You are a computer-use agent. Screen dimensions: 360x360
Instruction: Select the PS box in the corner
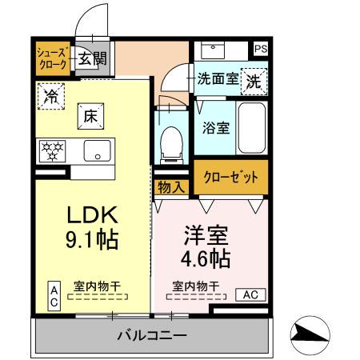tap(260, 49)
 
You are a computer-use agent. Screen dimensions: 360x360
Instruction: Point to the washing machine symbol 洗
tap(253, 81)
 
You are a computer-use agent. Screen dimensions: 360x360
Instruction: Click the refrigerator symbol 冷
tap(50, 96)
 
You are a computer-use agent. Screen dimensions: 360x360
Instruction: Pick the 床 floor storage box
tap(89, 115)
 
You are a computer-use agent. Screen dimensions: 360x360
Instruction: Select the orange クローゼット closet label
tap(230, 178)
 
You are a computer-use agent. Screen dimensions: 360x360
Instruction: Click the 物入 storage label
tap(171, 186)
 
